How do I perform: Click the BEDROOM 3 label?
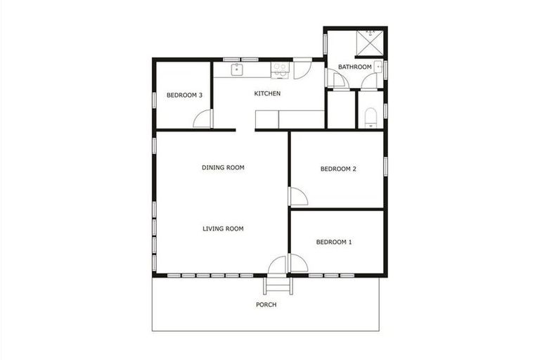pyautogui.click(x=185, y=96)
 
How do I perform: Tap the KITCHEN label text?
pyautogui.click(x=267, y=94)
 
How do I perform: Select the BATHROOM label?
pyautogui.click(x=354, y=67)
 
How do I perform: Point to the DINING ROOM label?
pyautogui.click(x=223, y=167)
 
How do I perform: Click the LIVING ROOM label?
pyautogui.click(x=223, y=229)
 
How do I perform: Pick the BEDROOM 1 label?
pyautogui.click(x=334, y=243)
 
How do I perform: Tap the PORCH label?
pyautogui.click(x=266, y=305)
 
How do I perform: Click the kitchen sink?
pyautogui.click(x=237, y=69)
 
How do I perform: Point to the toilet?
pyautogui.click(x=372, y=117)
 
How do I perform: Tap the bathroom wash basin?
pyautogui.click(x=378, y=67)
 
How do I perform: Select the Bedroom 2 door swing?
pyautogui.click(x=297, y=196)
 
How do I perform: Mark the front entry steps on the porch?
pyautogui.click(x=276, y=285)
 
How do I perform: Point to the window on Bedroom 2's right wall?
pyautogui.click(x=385, y=166)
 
